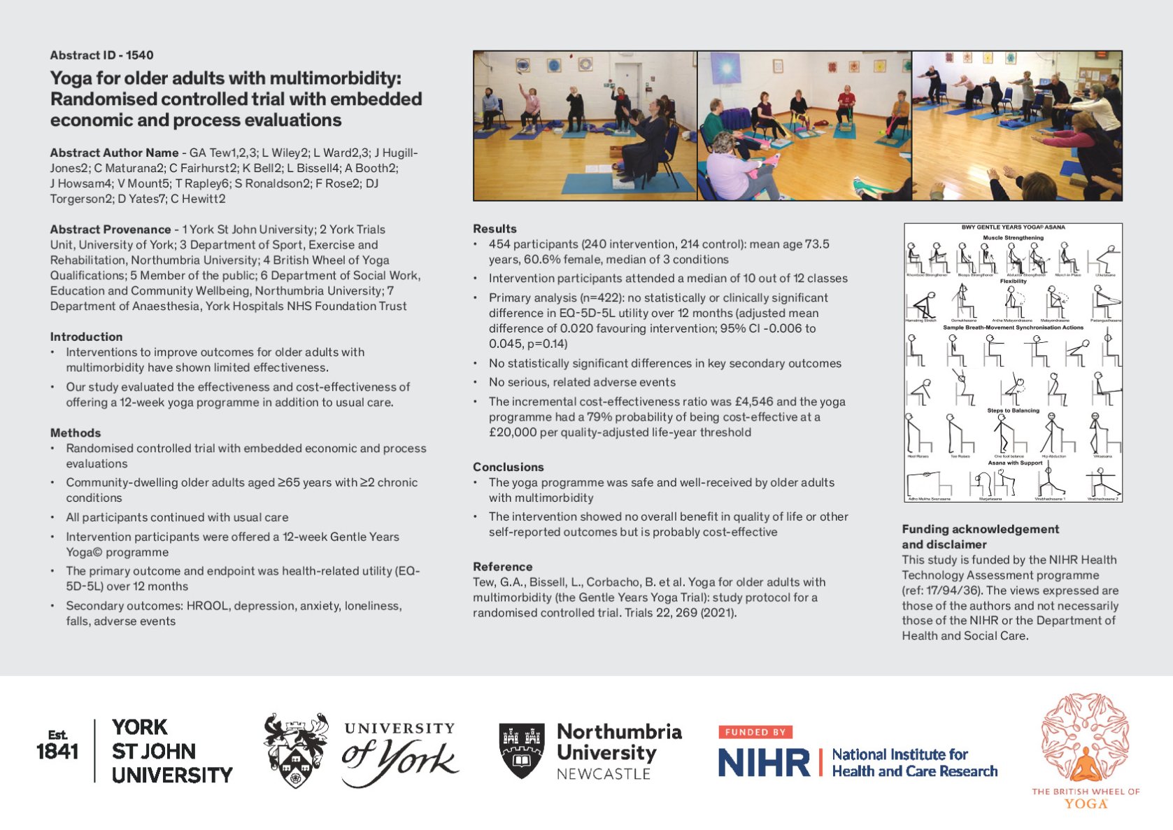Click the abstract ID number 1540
click(x=140, y=55)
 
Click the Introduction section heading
click(x=86, y=337)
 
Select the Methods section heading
click(x=76, y=433)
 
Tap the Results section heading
click(x=495, y=229)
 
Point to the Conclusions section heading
click(x=508, y=467)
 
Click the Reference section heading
click(x=502, y=567)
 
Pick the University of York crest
click(x=296, y=750)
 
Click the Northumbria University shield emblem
click(x=522, y=751)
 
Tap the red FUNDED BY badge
click(x=755, y=732)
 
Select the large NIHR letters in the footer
click(x=764, y=762)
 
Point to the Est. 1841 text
click(x=57, y=745)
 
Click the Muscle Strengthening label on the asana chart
click(x=1013, y=238)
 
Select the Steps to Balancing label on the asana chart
click(x=1013, y=411)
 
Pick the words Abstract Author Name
click(x=114, y=153)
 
